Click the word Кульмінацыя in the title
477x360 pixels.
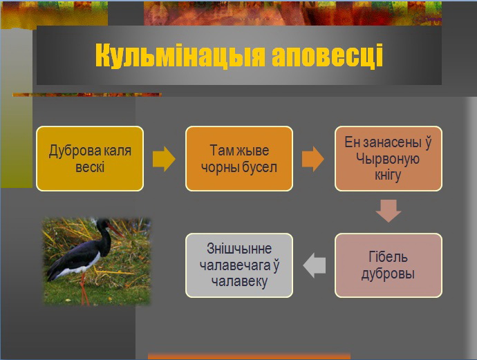[x=180, y=55]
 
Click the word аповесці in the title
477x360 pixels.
[x=327, y=55]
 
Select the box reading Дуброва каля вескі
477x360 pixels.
[x=90, y=159]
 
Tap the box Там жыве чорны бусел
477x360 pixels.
[x=239, y=159]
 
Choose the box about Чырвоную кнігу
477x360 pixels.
[x=389, y=159]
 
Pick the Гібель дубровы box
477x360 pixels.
[x=389, y=265]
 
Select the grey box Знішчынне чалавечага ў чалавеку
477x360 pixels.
[x=239, y=265]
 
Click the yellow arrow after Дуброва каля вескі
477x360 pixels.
[x=164, y=159]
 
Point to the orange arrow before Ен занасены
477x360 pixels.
[x=313, y=159]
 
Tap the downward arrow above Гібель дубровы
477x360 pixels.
[x=389, y=211]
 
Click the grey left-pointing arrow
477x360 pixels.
[x=315, y=265]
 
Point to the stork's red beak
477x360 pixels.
[x=115, y=230]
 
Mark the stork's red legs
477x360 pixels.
[x=84, y=289]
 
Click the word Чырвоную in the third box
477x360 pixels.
[x=388, y=159]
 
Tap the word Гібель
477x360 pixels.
[x=389, y=257]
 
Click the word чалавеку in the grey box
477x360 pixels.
[x=239, y=282]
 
